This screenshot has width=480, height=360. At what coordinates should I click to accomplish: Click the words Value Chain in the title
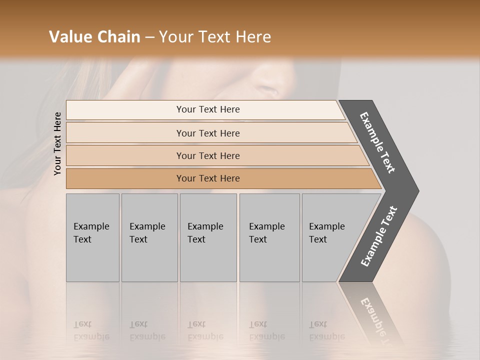pyautogui.click(x=94, y=37)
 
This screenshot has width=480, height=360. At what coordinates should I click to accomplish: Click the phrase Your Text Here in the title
pyautogui.click(x=215, y=37)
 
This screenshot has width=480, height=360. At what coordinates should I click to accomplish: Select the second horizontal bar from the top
pyautogui.click(x=207, y=133)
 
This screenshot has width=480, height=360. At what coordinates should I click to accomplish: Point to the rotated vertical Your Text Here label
pyautogui.click(x=57, y=143)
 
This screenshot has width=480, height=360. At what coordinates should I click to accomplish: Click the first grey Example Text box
pyautogui.click(x=92, y=237)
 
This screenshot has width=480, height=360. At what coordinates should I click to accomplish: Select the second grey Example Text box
pyautogui.click(x=149, y=237)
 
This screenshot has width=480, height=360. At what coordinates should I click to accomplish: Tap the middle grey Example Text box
pyautogui.click(x=208, y=237)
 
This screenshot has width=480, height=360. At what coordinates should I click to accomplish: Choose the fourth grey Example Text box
pyautogui.click(x=269, y=237)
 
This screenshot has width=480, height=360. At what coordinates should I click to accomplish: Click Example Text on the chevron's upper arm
pyautogui.click(x=377, y=142)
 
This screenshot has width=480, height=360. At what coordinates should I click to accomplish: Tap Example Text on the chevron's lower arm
pyautogui.click(x=379, y=236)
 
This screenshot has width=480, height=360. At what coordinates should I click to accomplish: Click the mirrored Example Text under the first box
pyautogui.click(x=91, y=330)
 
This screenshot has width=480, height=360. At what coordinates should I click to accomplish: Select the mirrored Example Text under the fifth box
pyautogui.click(x=327, y=330)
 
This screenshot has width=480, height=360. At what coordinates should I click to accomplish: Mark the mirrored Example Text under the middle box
pyautogui.click(x=205, y=330)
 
